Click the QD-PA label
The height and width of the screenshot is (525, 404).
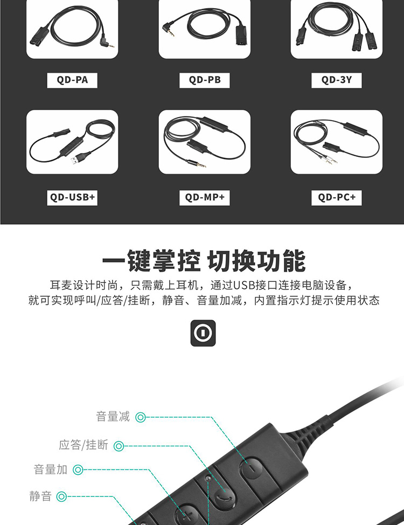pos(72,80)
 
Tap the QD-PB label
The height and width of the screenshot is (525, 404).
pos(205,80)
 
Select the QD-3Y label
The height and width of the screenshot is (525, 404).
pos(336,80)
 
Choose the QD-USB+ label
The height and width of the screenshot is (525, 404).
pos(72,197)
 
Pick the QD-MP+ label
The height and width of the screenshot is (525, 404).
pos(205,197)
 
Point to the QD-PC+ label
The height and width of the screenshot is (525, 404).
pos(336,197)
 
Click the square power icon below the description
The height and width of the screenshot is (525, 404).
pos(203,333)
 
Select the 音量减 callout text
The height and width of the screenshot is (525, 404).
pos(113,417)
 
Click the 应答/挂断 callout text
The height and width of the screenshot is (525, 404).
pos(83,445)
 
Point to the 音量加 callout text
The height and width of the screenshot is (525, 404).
pos(51,469)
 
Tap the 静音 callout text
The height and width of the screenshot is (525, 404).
pos(40,496)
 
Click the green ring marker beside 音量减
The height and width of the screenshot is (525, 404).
pos(141,417)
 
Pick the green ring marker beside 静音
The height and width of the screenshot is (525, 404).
pos(61,496)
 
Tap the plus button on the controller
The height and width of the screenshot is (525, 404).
pos(186,515)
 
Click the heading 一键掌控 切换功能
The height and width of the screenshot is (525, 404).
pos(204,261)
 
